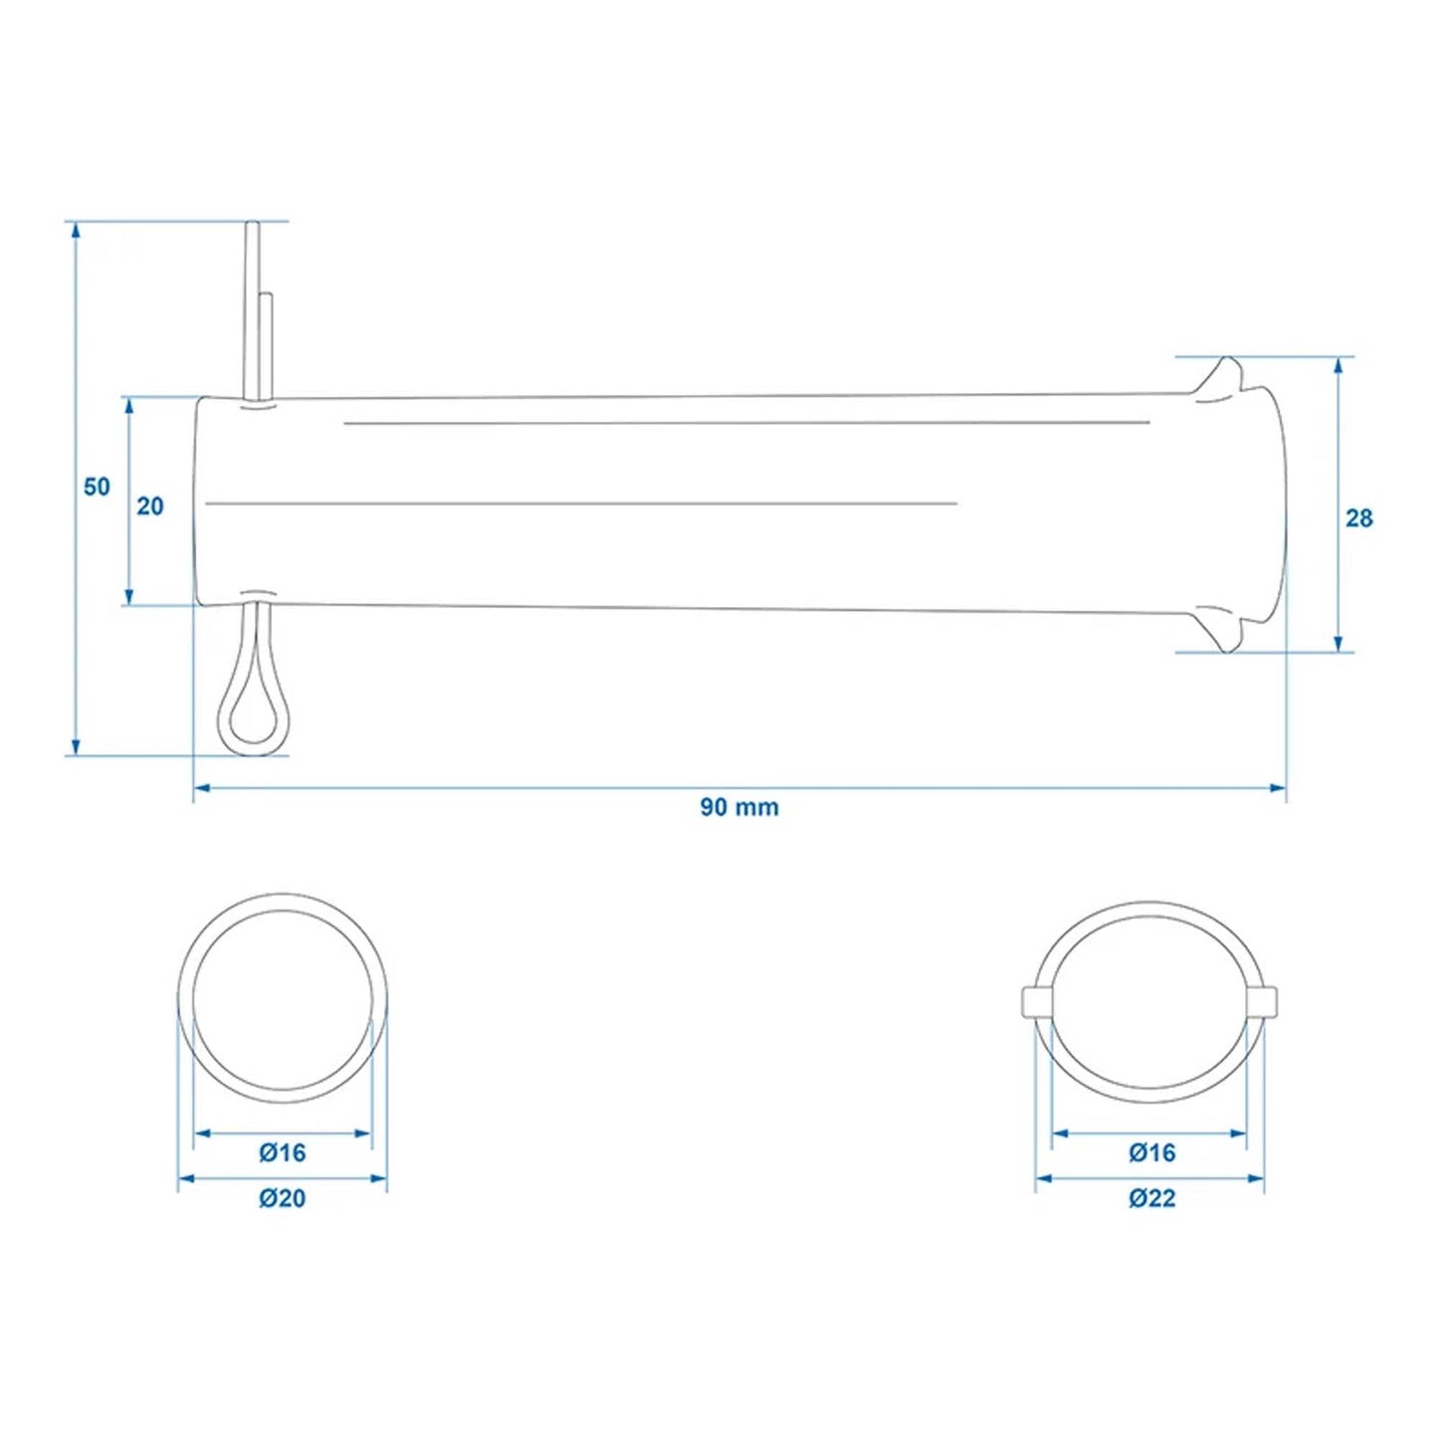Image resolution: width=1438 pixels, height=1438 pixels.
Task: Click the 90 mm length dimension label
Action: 738,807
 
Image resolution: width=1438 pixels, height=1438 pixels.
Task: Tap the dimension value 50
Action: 97,488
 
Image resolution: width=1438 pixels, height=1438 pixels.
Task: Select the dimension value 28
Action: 1358,518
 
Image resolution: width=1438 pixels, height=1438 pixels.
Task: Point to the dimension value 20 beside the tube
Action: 149,507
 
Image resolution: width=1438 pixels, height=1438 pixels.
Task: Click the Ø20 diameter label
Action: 282,1199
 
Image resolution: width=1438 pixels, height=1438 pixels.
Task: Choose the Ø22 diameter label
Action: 1151,1199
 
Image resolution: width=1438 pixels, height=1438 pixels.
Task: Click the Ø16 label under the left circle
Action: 282,1153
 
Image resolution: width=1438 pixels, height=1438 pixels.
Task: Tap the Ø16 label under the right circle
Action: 1151,1153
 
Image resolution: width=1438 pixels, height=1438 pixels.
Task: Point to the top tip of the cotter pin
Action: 253,228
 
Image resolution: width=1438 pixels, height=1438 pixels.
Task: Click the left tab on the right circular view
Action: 1035,1001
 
